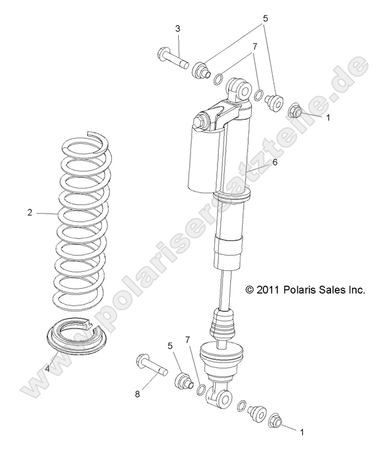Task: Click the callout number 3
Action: pyautogui.click(x=177, y=28)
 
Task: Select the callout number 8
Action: pyautogui.click(x=138, y=394)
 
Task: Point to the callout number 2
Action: pyautogui.click(x=29, y=213)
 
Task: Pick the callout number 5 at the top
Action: pyautogui.click(x=265, y=19)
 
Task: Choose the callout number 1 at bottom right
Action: pyautogui.click(x=302, y=432)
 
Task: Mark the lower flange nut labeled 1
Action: pyautogui.click(x=275, y=421)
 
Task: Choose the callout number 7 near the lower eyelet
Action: pyautogui.click(x=189, y=340)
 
